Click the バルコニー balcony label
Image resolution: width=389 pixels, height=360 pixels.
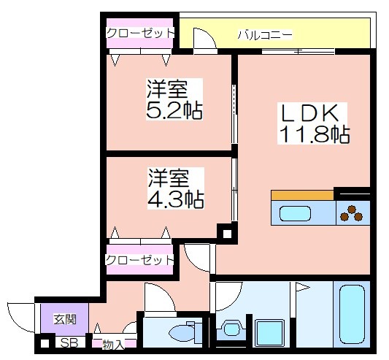pos(266,34)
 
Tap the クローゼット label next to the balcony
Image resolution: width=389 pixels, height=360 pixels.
pos(140,33)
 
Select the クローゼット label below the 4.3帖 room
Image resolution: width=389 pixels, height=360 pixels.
pos(140,260)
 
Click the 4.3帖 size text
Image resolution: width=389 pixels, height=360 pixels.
pos(176,198)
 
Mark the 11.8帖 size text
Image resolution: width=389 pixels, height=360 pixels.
pos(312,134)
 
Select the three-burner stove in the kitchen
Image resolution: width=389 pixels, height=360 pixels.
pos(353,213)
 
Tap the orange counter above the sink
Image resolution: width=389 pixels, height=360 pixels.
pos(302,195)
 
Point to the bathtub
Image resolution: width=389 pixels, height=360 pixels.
pos(353,316)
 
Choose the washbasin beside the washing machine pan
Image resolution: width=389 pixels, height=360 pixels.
pos(231,329)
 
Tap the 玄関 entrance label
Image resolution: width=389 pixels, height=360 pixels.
pos(64,318)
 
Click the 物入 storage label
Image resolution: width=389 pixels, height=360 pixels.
pos(112,343)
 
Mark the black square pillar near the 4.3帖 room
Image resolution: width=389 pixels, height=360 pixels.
pos(226,234)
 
